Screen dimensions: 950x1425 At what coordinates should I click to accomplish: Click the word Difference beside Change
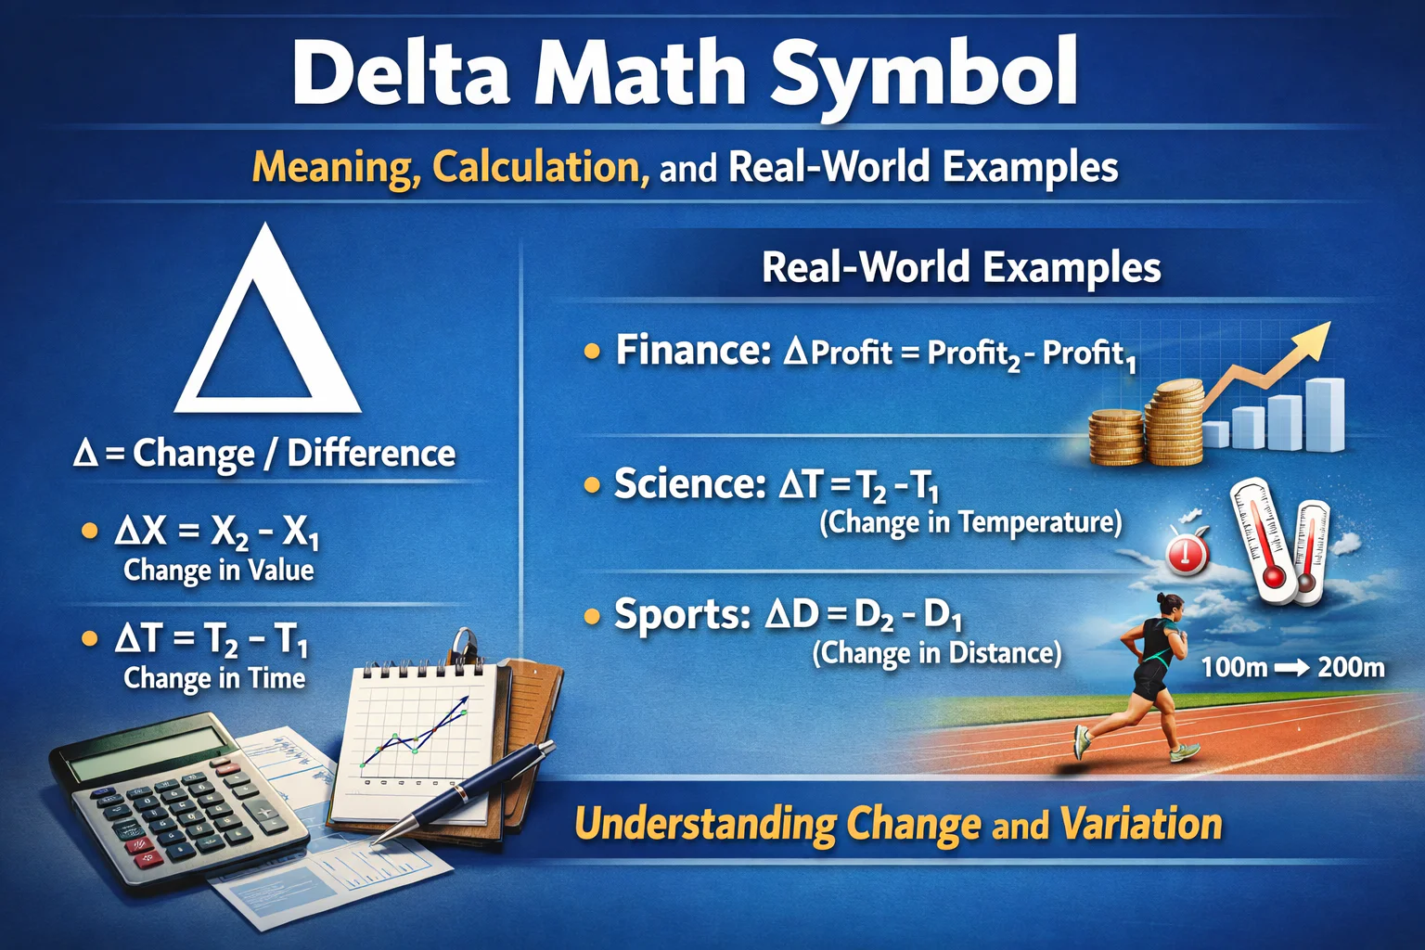point(371,454)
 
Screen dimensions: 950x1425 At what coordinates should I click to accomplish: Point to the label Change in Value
point(219,570)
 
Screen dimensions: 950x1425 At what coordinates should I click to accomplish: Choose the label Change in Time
point(214,678)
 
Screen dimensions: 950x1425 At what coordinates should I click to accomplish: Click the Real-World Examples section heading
point(961,267)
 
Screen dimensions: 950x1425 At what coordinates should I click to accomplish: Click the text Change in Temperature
point(970,522)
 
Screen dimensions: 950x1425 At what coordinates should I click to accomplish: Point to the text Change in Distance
point(937,653)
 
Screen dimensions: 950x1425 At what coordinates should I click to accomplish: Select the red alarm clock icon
point(1187,553)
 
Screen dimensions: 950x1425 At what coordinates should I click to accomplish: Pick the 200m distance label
point(1351,667)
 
